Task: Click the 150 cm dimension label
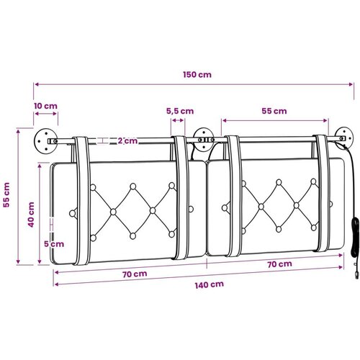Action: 197,74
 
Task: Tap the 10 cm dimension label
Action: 45,106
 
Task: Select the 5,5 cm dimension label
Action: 180,111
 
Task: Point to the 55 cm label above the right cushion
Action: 274,111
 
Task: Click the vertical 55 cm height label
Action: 6,195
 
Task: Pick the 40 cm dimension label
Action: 31,215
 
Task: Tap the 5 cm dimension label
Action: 54,244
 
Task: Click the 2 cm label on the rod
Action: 127,140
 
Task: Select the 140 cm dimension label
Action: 210,284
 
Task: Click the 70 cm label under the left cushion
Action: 135,274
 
